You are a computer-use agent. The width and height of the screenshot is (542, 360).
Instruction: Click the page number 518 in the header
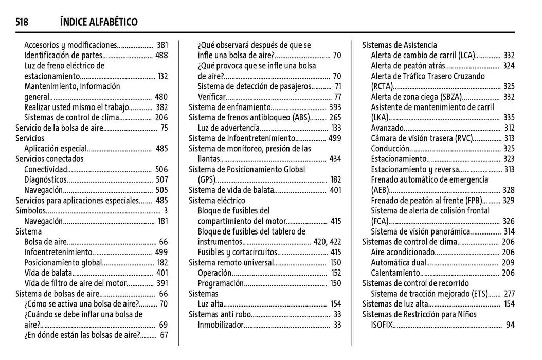pos(22,22)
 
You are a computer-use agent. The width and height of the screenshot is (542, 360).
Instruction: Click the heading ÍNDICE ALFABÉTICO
pos(99,22)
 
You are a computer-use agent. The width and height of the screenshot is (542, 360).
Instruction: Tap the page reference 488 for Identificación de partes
pos(161,56)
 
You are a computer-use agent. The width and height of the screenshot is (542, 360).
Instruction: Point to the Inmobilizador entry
pos(221,325)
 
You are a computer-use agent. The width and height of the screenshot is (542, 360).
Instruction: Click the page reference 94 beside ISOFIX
pos(510,325)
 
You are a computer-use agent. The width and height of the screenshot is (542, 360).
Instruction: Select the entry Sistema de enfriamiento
pos(229,107)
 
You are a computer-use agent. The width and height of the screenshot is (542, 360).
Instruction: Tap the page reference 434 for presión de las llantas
pos(335,159)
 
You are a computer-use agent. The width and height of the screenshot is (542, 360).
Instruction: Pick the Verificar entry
pos(212,97)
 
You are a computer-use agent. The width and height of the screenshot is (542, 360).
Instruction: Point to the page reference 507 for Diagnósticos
pos(161,179)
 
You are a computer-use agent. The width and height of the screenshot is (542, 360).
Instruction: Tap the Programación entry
pos(221,283)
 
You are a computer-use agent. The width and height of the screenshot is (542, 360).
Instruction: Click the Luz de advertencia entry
pos(228,128)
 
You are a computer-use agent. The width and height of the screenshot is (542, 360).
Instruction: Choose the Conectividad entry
pos(45,169)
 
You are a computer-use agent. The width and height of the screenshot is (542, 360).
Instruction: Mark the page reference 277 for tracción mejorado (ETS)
pos(509,294)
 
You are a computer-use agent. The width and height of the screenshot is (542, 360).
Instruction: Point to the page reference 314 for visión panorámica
pos(509,231)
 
